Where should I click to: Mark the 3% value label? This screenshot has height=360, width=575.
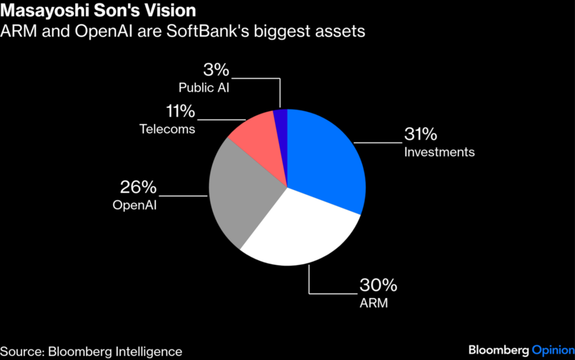(216, 70)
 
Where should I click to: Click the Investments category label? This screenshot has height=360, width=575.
(439, 152)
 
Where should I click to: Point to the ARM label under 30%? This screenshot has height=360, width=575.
(374, 302)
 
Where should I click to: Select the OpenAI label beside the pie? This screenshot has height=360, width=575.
(135, 204)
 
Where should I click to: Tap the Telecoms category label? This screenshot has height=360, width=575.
(167, 129)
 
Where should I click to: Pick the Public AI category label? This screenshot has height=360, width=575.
(204, 88)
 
